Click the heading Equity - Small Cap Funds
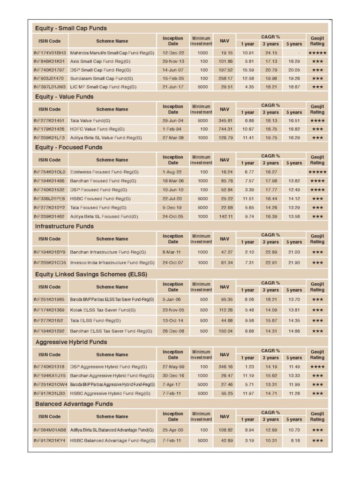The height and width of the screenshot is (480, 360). (x=71, y=28)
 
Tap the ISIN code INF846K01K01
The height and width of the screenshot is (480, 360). (x=49, y=61)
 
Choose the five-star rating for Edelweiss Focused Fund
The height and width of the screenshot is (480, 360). (x=317, y=172)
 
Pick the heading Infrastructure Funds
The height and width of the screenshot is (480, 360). (x=64, y=226)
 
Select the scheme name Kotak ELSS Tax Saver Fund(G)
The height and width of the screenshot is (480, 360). (x=103, y=310)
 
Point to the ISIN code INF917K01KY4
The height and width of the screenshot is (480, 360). (x=50, y=441)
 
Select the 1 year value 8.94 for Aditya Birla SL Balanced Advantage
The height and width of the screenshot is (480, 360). (x=248, y=430)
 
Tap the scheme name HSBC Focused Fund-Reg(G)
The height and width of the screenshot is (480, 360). (x=96, y=199)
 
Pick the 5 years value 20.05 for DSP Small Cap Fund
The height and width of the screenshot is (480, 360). (x=294, y=70)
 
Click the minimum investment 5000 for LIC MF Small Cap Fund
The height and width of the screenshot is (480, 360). (x=202, y=87)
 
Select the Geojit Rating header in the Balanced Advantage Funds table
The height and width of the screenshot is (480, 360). (x=317, y=416)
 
